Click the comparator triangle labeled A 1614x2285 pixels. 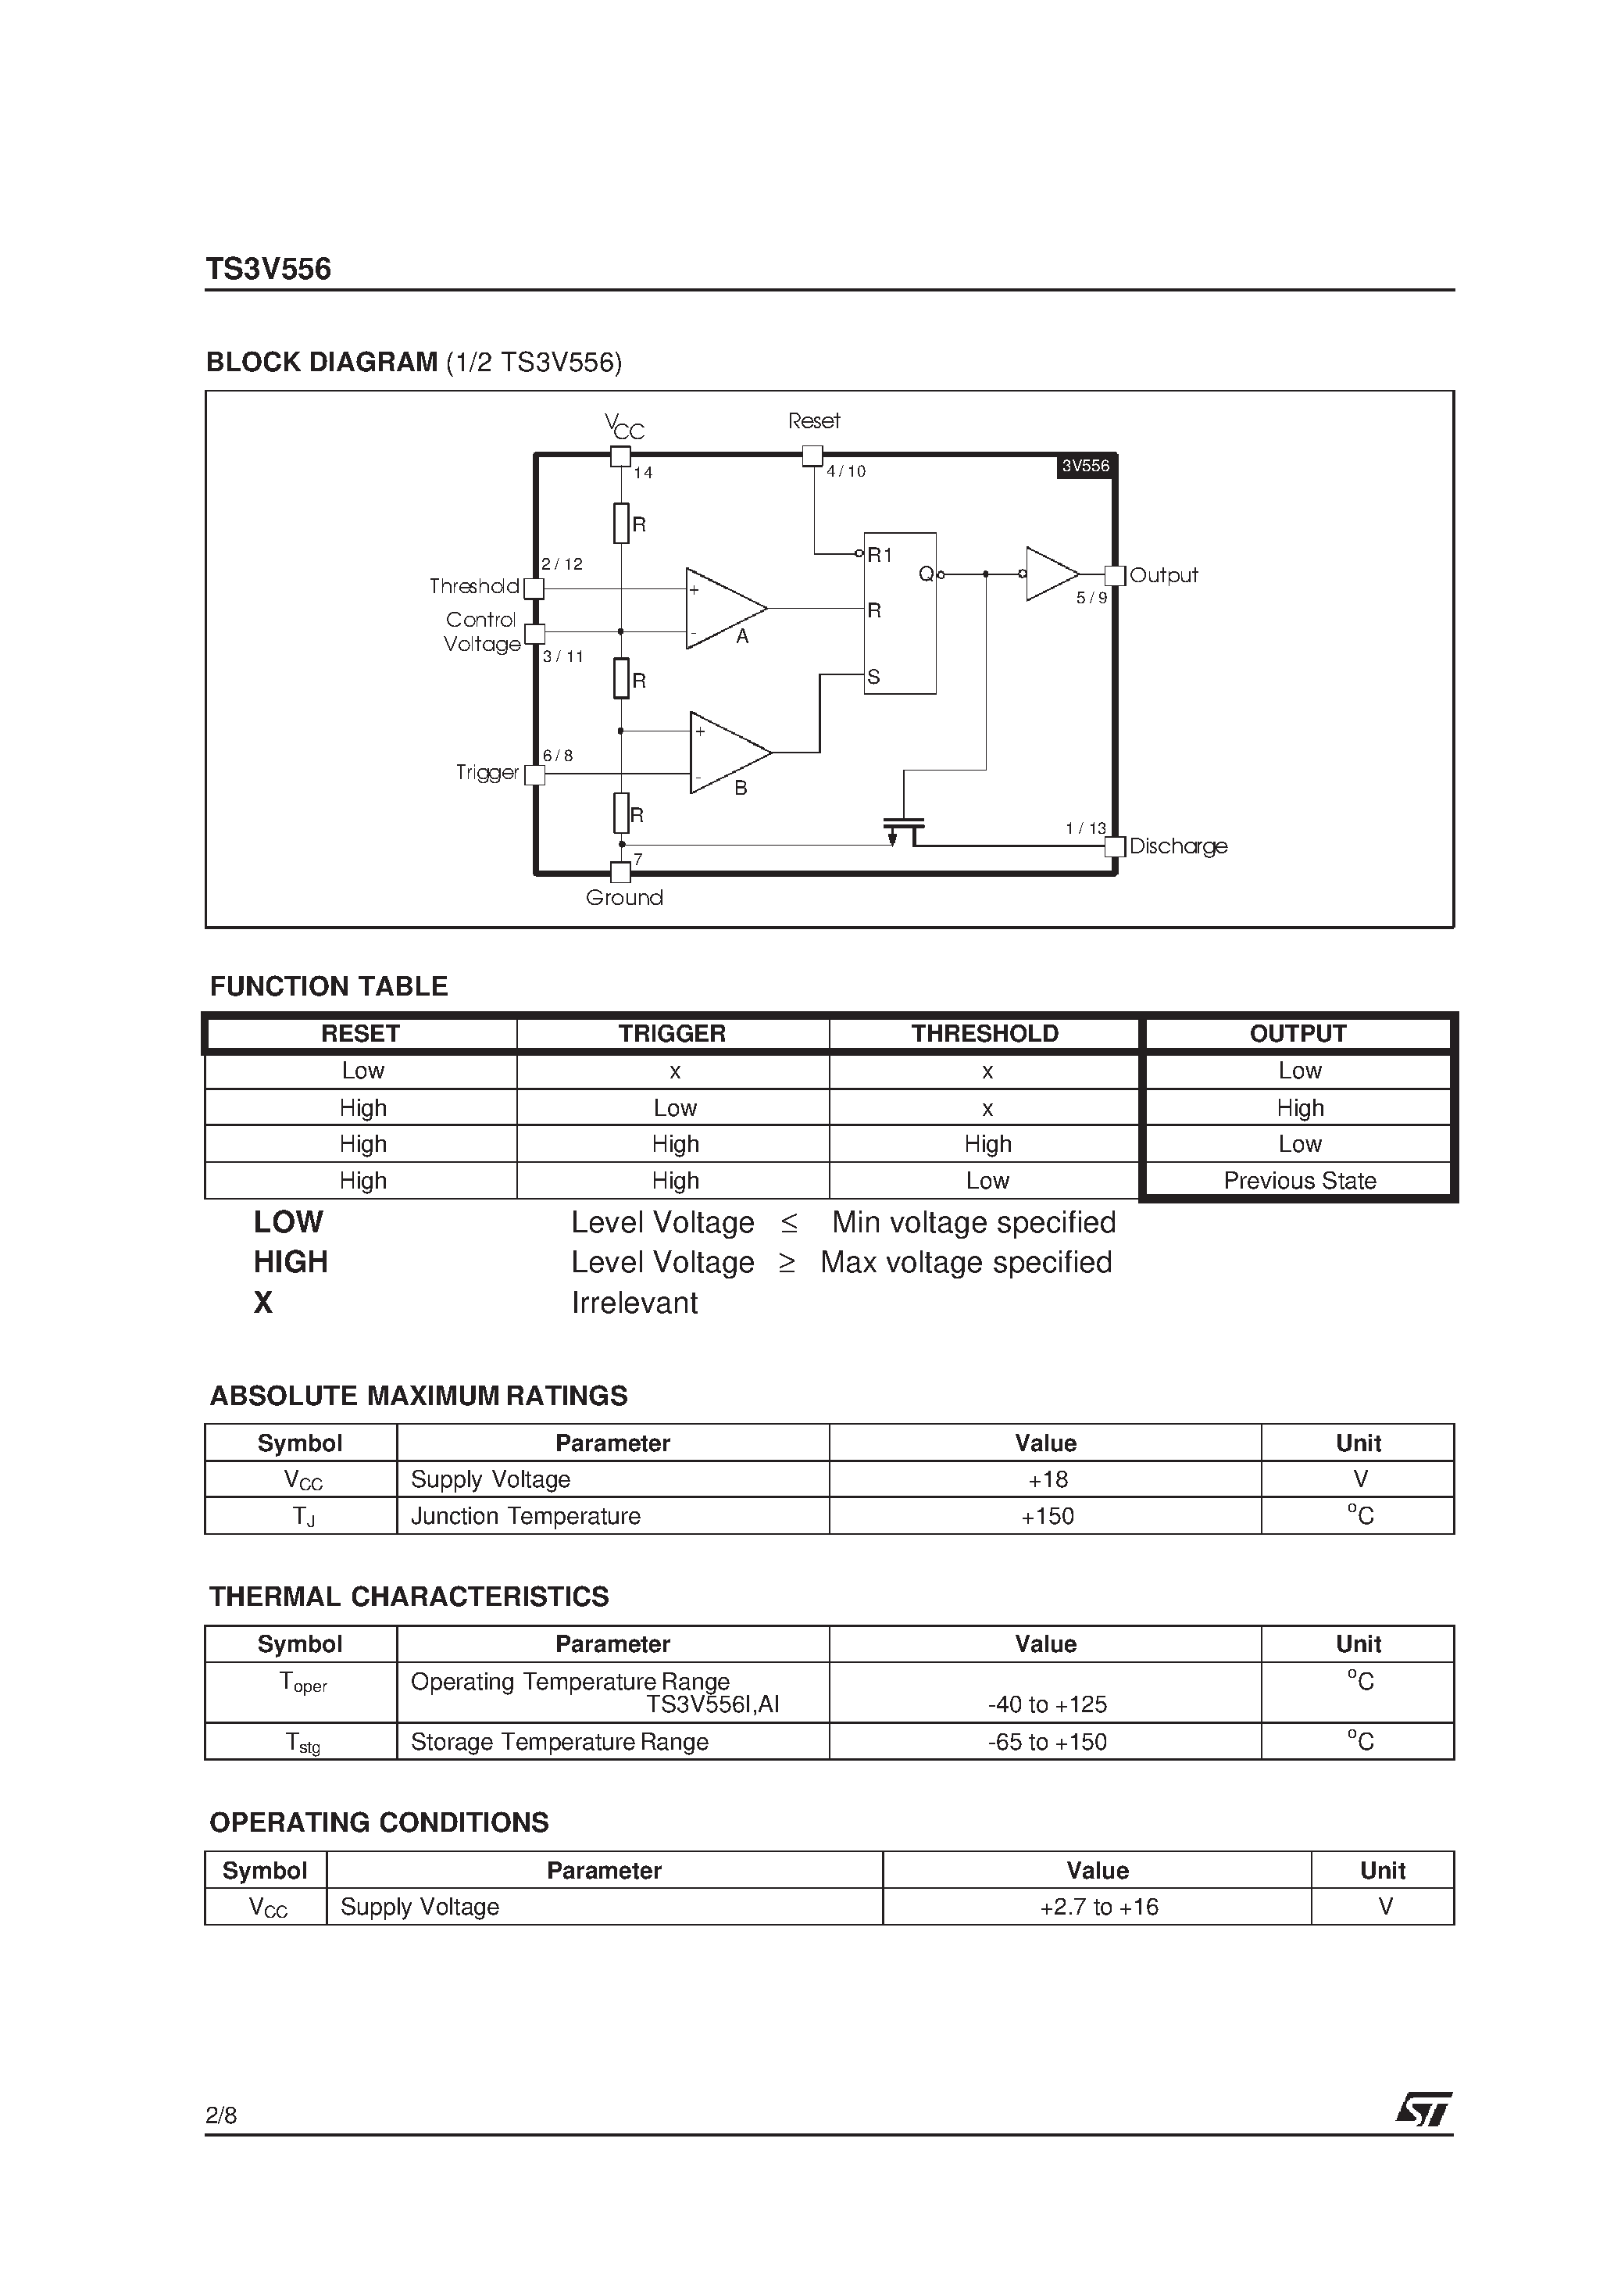coord(720,608)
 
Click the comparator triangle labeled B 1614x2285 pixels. coord(726,753)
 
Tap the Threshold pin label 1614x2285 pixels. coord(473,586)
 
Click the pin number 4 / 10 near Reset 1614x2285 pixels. coord(846,472)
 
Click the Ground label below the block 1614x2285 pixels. coord(624,898)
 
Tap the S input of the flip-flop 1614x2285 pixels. coord(873,677)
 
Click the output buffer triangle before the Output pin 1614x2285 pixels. coord(1050,574)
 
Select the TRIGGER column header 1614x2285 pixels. coord(672,1033)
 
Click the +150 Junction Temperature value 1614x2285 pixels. coord(1047,1516)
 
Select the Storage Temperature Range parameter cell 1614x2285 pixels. coord(559,1742)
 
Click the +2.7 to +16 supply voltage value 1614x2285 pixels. coord(1098,1907)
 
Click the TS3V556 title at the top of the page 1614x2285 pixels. coord(268,269)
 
